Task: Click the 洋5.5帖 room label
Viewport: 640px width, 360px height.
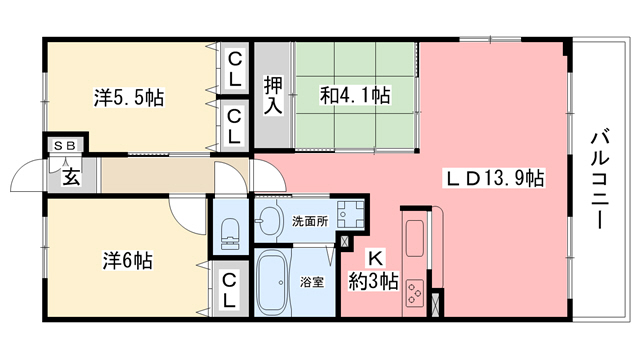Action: tap(130, 98)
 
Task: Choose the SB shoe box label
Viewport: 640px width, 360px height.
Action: tap(64, 146)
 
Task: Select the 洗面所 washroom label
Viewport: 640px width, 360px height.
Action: tap(308, 221)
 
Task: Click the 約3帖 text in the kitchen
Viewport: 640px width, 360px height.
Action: tap(372, 282)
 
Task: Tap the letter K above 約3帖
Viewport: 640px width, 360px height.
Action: tap(371, 258)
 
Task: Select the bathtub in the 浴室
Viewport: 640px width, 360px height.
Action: tap(273, 283)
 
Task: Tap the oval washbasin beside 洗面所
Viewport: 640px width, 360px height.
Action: tap(267, 221)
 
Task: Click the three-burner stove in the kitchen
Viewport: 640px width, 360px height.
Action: tap(418, 296)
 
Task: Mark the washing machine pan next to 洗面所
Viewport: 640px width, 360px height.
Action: tap(350, 213)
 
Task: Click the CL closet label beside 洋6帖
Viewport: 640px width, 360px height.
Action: tap(229, 289)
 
